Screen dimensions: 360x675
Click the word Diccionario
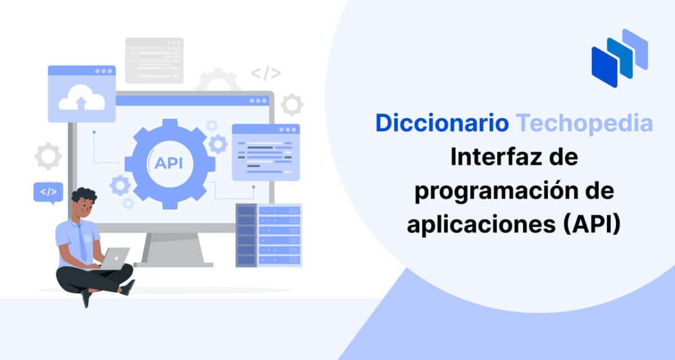(442, 123)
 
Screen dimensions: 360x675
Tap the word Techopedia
(584, 123)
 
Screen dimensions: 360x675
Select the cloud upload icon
(82, 100)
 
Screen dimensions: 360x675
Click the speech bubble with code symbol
(48, 192)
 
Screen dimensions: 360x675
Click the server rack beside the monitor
(269, 235)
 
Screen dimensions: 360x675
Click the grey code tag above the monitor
(265, 73)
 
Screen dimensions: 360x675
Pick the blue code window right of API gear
(265, 152)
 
